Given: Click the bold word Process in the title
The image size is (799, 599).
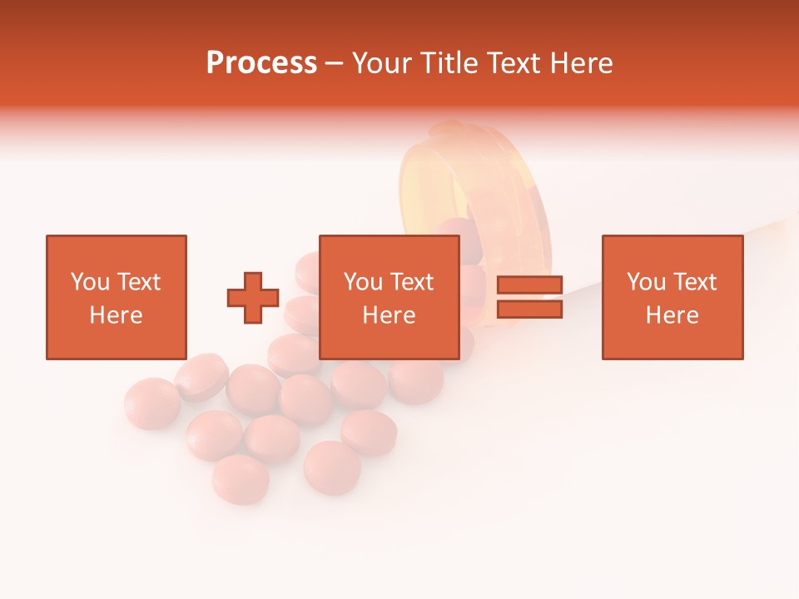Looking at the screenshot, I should click(x=261, y=63).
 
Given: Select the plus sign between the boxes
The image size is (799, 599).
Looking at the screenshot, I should click(x=253, y=298).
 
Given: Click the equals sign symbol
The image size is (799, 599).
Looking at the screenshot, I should click(x=529, y=298).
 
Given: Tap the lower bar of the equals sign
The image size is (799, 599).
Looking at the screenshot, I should click(x=529, y=309).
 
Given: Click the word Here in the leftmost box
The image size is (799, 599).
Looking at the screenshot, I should click(x=116, y=315).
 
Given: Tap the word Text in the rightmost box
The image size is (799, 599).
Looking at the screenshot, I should click(x=694, y=282).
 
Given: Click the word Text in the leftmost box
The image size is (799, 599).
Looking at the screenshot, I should click(x=138, y=282).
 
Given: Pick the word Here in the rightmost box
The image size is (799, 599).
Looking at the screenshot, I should click(x=672, y=315).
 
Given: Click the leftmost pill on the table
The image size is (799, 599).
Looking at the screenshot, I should click(x=152, y=403).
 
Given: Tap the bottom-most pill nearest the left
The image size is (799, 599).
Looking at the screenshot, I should click(x=241, y=478).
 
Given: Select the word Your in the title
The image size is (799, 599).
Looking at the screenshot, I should click(x=380, y=63).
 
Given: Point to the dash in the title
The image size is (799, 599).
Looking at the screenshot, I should click(x=335, y=63).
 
